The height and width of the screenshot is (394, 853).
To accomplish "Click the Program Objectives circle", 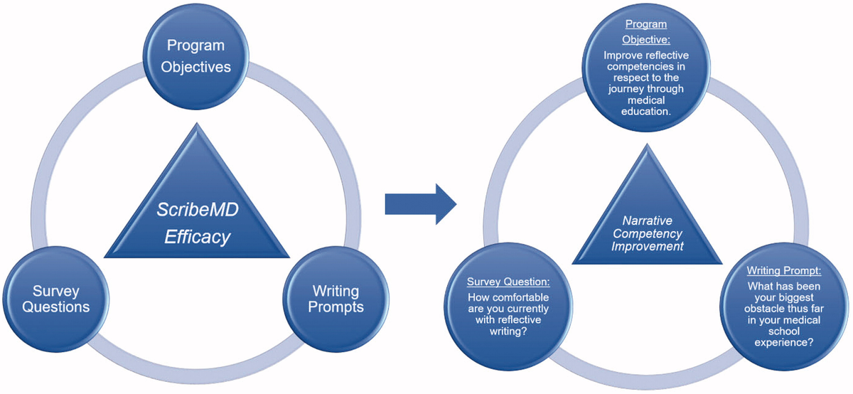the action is point(195,57).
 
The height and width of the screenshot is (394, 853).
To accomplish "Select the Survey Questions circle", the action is point(56,299).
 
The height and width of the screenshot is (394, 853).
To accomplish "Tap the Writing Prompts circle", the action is point(336,299).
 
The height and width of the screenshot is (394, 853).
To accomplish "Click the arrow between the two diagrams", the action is point(421,204).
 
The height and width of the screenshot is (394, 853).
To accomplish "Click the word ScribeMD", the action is point(198,210).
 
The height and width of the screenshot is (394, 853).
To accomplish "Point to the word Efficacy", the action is point(198,237).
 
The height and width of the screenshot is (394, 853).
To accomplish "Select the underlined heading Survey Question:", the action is point(508,282).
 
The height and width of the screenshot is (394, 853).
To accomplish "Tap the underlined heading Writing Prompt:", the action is point(784,270).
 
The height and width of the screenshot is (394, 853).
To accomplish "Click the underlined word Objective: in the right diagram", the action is point(646,40).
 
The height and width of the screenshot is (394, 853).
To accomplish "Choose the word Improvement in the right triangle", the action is point(648,247).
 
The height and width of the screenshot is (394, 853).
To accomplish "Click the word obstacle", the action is point(761,309).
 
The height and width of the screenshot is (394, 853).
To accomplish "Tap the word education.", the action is point(646,112).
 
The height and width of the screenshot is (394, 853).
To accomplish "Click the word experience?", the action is point(784,343).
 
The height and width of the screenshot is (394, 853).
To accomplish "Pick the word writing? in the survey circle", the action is point(508,331).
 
